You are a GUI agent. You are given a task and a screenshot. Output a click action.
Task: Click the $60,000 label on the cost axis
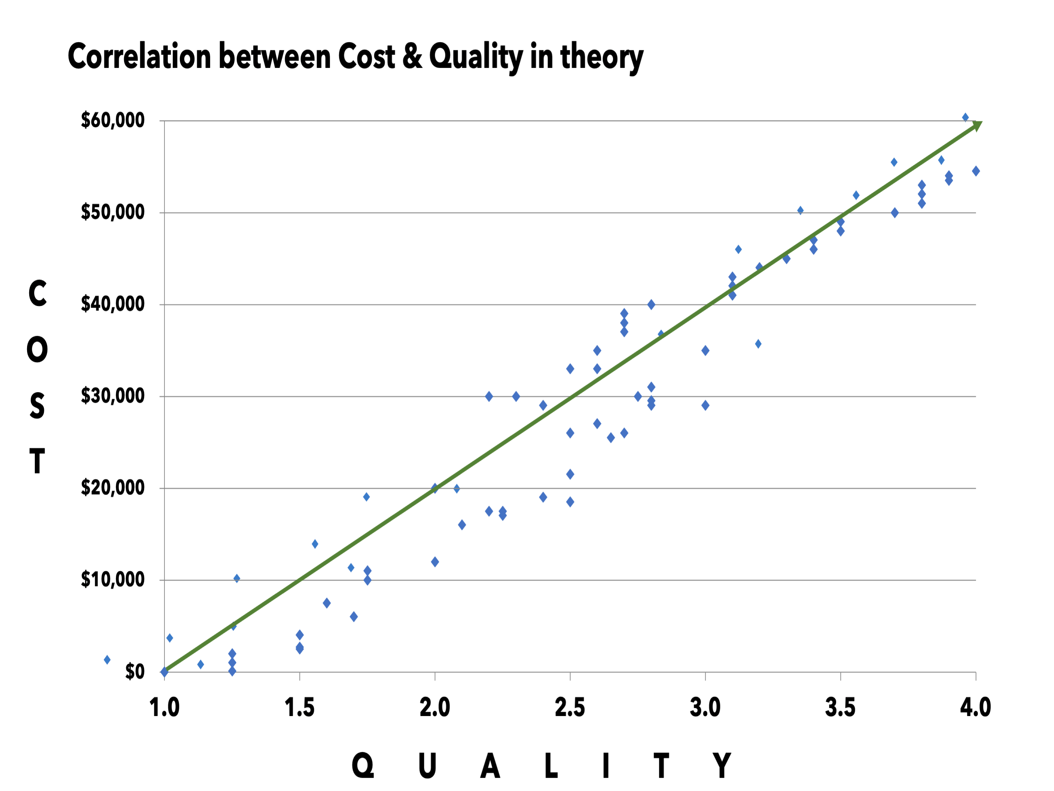(x=112, y=120)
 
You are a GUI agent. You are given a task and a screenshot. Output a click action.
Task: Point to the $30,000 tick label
(x=112, y=396)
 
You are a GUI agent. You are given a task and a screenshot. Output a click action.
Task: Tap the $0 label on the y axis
(x=134, y=672)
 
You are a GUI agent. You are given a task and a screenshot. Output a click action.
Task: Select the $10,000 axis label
(x=112, y=579)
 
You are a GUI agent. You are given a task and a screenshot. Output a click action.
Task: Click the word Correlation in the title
(x=139, y=56)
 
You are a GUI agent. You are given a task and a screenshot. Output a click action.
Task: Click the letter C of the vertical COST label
(x=37, y=293)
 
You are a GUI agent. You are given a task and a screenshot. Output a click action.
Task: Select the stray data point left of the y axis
(x=107, y=660)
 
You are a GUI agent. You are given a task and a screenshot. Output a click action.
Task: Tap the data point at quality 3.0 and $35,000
(x=705, y=350)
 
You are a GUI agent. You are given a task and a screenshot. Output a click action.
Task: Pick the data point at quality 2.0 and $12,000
(x=434, y=562)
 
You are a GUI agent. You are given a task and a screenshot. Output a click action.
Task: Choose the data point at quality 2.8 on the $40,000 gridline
(x=651, y=305)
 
